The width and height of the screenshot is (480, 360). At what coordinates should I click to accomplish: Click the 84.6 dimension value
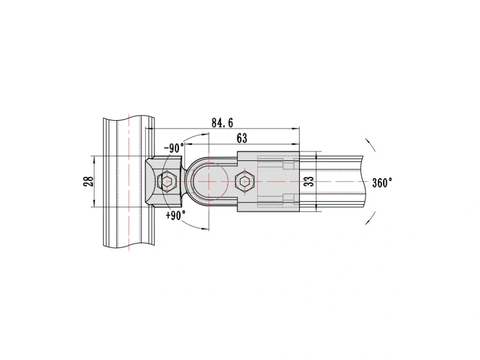point(222,123)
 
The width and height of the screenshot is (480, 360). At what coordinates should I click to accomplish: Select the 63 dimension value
point(242,138)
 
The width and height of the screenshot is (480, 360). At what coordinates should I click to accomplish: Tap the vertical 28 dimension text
point(88,181)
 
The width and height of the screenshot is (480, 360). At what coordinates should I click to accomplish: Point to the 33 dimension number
point(310,181)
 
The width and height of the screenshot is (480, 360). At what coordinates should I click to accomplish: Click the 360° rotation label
point(382,183)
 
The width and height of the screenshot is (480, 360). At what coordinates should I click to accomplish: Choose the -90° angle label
point(174,148)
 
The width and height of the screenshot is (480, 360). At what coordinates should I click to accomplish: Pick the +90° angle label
point(176,215)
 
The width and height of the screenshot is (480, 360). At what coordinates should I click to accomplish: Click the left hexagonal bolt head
point(167,181)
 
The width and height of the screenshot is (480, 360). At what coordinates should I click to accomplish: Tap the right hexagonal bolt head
point(245,181)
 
